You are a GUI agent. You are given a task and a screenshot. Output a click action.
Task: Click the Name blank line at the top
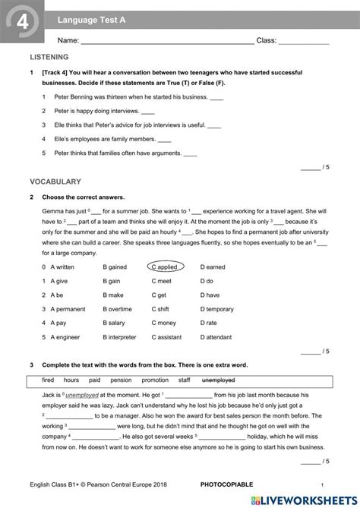point(167,40)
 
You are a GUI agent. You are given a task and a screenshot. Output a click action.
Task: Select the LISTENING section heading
point(49,57)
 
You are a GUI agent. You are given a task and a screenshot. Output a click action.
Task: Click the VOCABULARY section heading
point(55,182)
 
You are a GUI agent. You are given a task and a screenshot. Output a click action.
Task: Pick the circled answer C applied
point(166,267)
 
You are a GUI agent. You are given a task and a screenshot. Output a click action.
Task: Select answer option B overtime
point(117,309)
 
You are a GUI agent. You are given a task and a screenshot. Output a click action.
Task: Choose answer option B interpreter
point(119,336)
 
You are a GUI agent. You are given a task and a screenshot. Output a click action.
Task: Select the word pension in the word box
point(121,380)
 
